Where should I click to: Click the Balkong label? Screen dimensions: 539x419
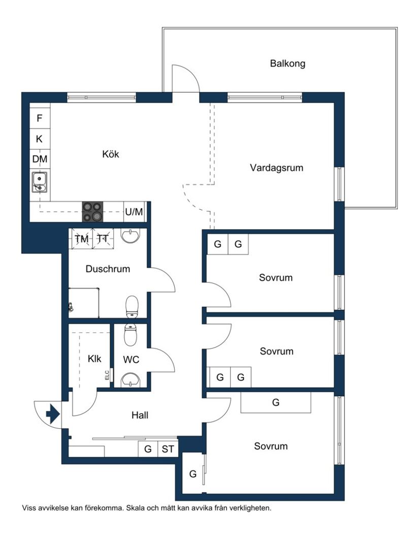pyautogui.click(x=287, y=64)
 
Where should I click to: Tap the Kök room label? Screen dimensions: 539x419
pyautogui.click(x=111, y=154)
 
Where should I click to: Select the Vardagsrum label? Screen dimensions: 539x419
pyautogui.click(x=276, y=168)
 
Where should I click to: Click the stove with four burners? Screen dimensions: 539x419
pyautogui.click(x=92, y=212)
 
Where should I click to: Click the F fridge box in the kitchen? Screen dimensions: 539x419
pyautogui.click(x=40, y=119)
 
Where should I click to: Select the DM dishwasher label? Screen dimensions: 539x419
pyautogui.click(x=40, y=159)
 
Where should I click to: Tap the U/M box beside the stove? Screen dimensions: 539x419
pyautogui.click(x=134, y=212)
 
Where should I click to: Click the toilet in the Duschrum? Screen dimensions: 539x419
pyautogui.click(x=132, y=306)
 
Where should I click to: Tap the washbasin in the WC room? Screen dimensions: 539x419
pyautogui.click(x=132, y=378)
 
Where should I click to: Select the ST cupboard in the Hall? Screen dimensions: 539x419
pyautogui.click(x=168, y=449)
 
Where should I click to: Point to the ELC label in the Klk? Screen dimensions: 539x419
pyautogui.click(x=107, y=375)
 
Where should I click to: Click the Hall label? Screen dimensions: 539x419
pyautogui.click(x=140, y=416)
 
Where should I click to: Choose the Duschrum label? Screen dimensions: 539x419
pyautogui.click(x=108, y=269)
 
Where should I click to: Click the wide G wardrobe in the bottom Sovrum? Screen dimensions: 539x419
pyautogui.click(x=276, y=403)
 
